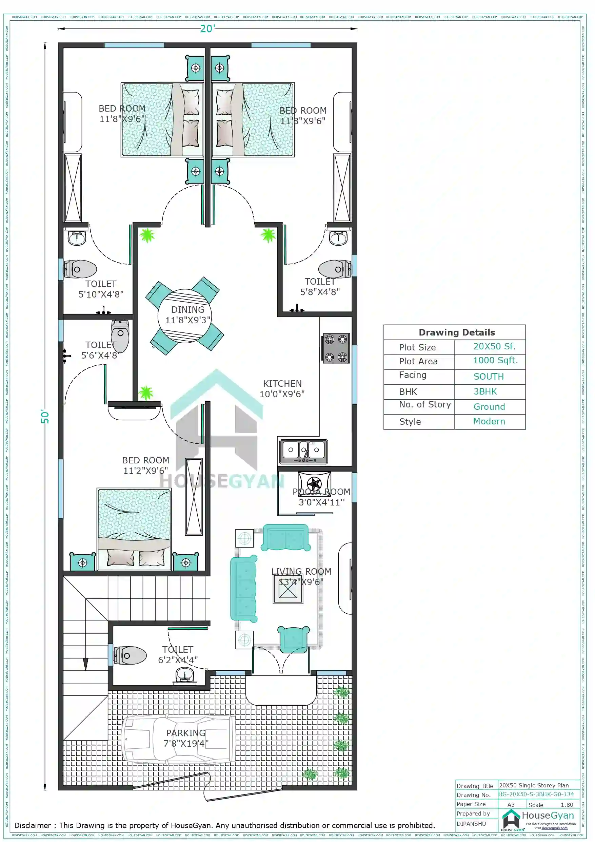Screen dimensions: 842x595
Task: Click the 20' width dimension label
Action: click(207, 28)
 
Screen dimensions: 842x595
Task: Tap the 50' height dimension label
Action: click(45, 417)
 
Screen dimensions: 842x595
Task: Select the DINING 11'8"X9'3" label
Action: click(188, 315)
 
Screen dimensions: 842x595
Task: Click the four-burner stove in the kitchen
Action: click(336, 348)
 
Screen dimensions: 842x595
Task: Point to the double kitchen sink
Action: click(303, 452)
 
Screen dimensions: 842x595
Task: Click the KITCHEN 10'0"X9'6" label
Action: click(282, 389)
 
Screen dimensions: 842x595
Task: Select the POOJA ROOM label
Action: click(321, 492)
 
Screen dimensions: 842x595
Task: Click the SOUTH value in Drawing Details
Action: click(488, 377)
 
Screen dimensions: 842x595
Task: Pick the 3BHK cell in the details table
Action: click(485, 392)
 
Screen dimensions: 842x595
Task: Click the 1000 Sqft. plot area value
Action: click(495, 361)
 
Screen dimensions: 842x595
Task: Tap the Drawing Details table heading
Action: click(456, 332)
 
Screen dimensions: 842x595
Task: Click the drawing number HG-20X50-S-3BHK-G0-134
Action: click(536, 794)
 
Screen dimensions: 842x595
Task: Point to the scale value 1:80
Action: click(567, 805)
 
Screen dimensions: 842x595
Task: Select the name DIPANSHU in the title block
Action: click(471, 824)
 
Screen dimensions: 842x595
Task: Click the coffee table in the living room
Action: click(288, 589)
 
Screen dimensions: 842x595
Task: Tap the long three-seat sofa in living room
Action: click(243, 589)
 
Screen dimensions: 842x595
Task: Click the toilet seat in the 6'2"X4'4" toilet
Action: click(130, 656)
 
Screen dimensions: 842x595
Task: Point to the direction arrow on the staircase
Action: click(85, 664)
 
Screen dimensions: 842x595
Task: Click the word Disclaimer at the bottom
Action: click(32, 825)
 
